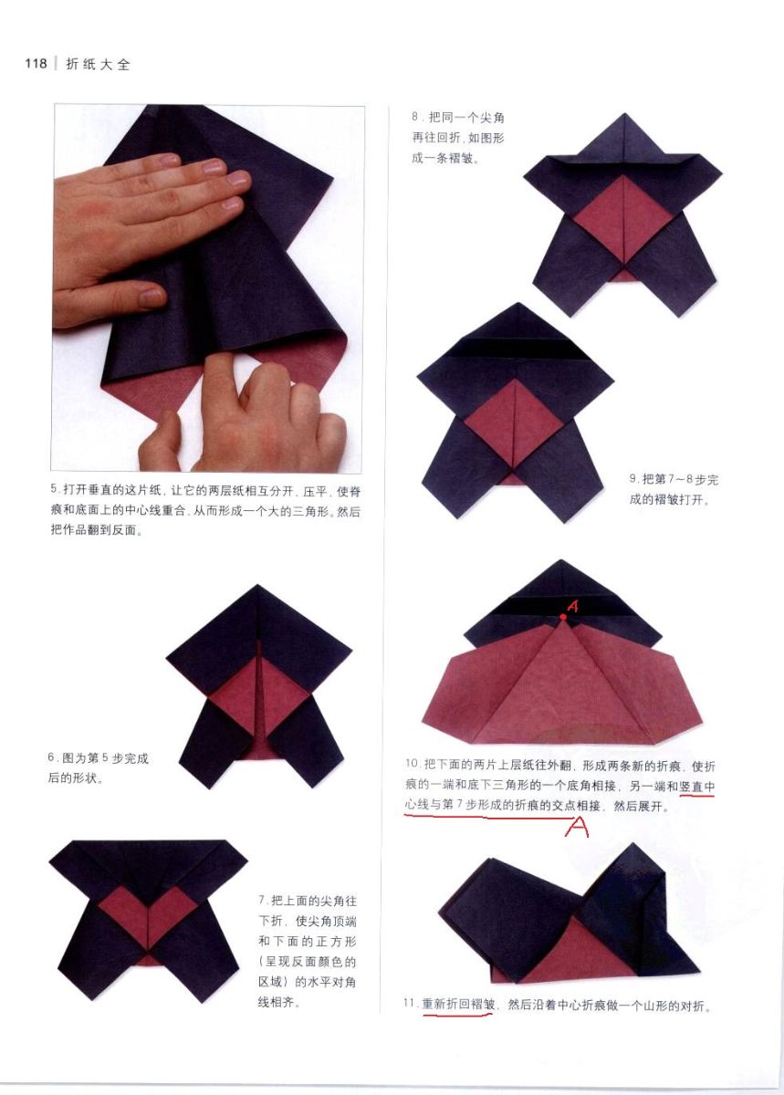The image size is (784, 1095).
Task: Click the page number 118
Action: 36,64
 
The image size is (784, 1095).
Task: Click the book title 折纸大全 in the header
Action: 99,65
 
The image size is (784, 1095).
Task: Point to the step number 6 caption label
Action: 51,757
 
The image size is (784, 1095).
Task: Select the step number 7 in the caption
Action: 262,900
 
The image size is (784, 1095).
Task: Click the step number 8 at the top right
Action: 415,117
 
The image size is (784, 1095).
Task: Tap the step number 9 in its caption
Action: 632,479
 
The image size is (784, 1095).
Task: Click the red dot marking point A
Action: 563,617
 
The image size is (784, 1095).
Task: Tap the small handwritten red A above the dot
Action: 573,606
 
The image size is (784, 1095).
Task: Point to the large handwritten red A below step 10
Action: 577,827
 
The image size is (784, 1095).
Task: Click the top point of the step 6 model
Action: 257,585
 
